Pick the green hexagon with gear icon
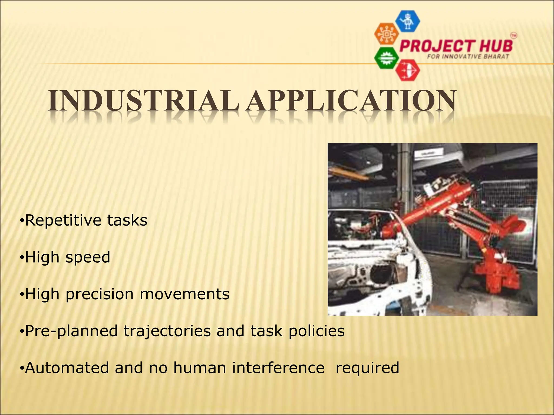tap(387, 58)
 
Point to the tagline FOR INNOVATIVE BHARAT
tap(468, 57)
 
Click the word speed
tap(88, 257)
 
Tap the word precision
tap(100, 294)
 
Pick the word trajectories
tap(167, 331)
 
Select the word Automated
tap(67, 368)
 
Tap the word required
tap(367, 368)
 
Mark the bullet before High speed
tap(22, 257)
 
